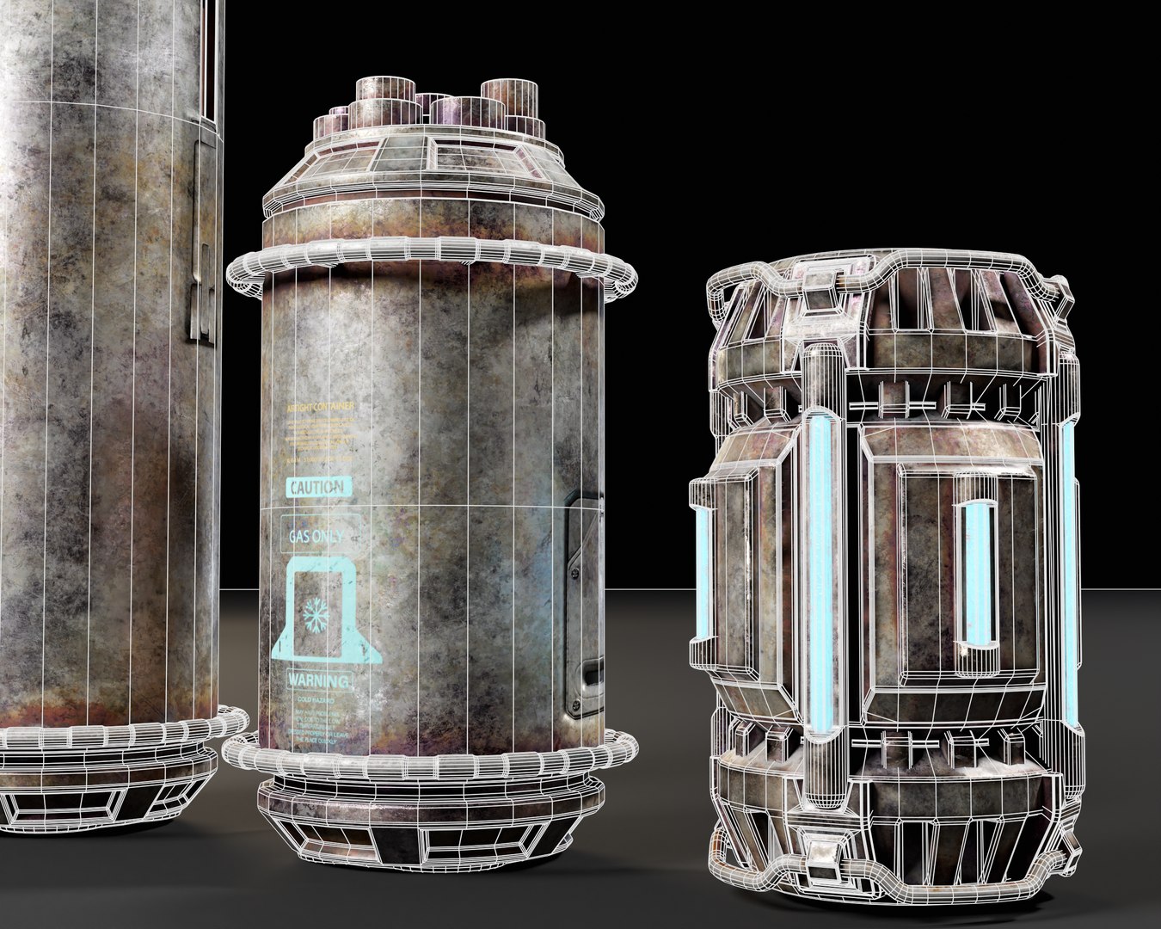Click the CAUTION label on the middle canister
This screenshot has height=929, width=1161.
pos(317,488)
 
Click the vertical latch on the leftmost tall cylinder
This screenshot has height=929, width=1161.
pos(201,249)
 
